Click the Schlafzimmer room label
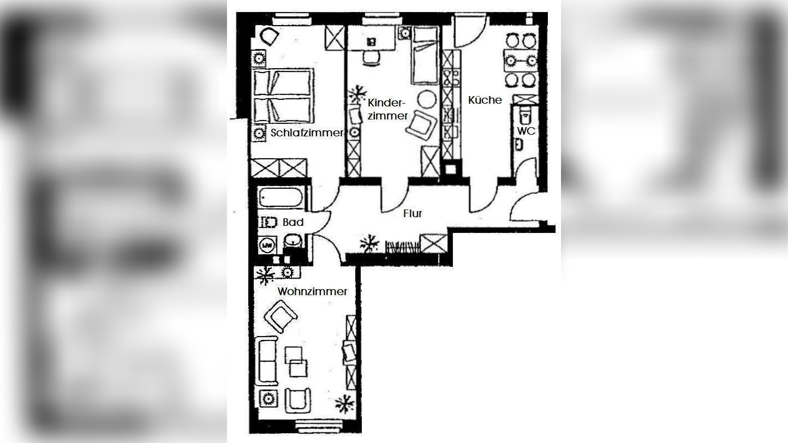tap(307, 133)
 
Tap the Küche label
tap(485, 100)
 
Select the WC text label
tap(526, 131)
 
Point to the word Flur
tap(413, 214)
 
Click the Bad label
tap(293, 222)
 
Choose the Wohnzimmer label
tap(312, 291)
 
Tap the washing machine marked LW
tap(267, 245)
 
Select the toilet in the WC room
tap(524, 114)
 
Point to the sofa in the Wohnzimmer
tap(267, 360)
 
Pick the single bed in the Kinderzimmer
tap(425, 55)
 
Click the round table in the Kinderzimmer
tap(427, 99)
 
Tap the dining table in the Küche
tap(519, 57)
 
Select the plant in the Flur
tap(369, 243)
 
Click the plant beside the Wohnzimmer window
tap(344, 404)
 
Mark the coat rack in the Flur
tap(402, 247)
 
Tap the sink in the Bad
tap(293, 240)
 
